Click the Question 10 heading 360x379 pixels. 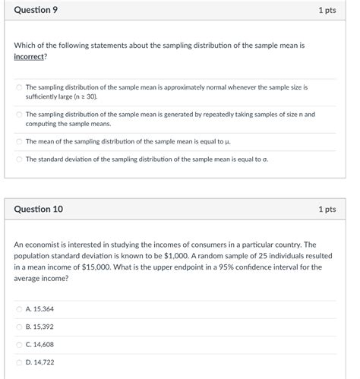coord(38,209)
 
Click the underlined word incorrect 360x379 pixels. coord(30,57)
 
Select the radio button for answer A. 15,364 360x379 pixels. coord(19,309)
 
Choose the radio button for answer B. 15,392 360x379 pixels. coord(19,327)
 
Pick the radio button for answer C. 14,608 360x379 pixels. coord(19,345)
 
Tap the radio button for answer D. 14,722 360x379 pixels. coord(19,362)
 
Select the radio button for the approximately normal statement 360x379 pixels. coord(19,88)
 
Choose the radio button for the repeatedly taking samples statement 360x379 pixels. coord(19,115)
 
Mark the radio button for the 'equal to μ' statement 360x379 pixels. coord(19,141)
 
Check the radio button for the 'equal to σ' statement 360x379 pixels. coord(19,159)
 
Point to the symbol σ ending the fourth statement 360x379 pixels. coord(265,159)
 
